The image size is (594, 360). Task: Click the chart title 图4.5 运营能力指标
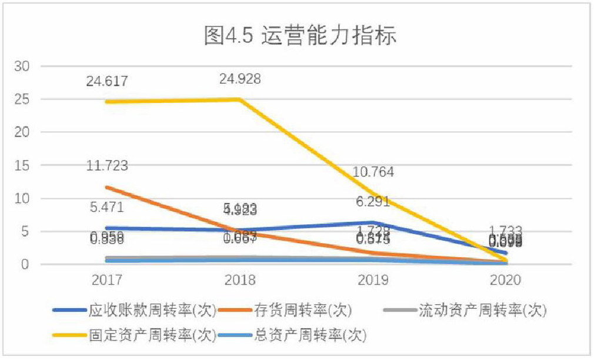[x=301, y=36]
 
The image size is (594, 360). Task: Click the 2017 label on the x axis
[x=107, y=280]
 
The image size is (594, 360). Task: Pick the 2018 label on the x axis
[x=240, y=280]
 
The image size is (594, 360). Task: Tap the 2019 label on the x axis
[x=373, y=280]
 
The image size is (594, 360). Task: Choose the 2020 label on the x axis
[x=506, y=280]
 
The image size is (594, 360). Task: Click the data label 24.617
[x=107, y=82]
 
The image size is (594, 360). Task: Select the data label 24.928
[x=240, y=79]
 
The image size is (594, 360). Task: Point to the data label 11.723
[x=107, y=166]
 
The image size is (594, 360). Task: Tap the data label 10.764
[x=373, y=173]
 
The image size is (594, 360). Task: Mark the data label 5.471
[x=107, y=207]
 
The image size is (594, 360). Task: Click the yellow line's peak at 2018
[x=240, y=99]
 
